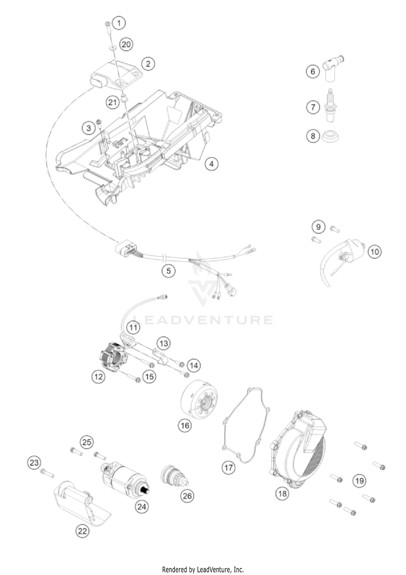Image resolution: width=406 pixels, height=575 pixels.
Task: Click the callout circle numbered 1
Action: tap(119, 23)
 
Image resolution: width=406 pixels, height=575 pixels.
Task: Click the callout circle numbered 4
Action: tap(211, 164)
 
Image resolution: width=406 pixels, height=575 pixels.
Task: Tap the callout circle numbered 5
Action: tap(169, 270)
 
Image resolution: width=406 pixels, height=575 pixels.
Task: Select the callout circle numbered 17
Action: tap(228, 468)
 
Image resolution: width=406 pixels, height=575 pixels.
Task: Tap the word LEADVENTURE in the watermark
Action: tap(203, 320)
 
